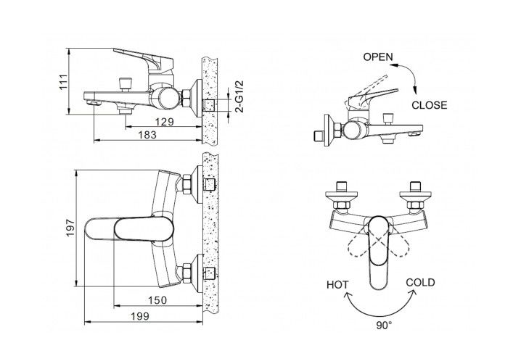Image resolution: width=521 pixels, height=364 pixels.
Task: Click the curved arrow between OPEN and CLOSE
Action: coord(409,76)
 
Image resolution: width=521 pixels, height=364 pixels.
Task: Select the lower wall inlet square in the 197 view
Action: coord(210,274)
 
